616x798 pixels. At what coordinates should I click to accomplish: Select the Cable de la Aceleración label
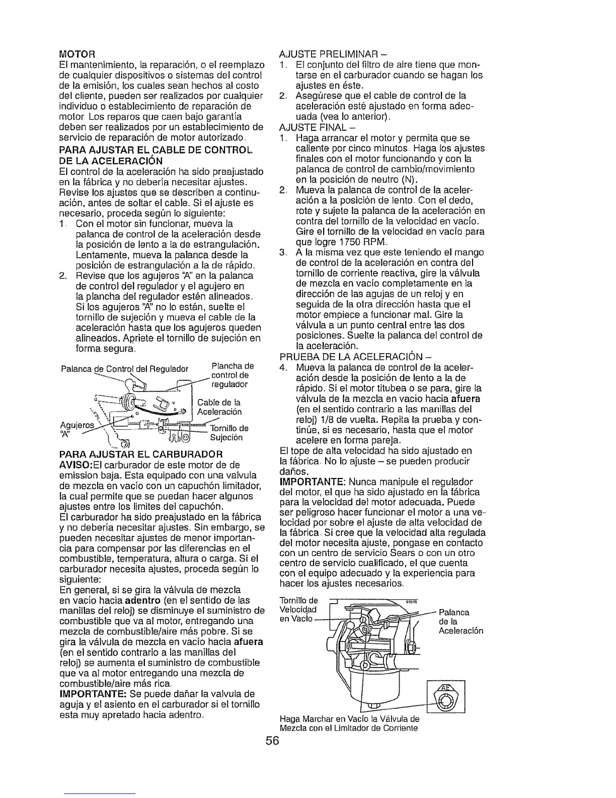pos(219,407)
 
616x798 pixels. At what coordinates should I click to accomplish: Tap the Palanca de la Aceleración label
pos(460,622)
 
